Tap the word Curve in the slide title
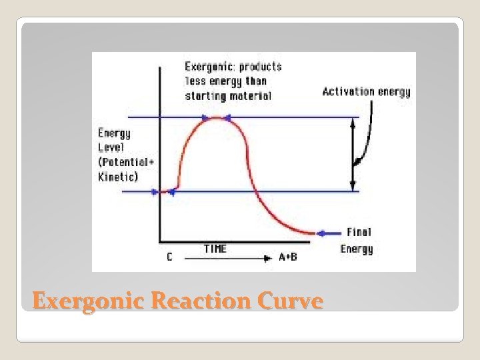point(291,302)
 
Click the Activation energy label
point(366,92)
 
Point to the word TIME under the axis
point(215,249)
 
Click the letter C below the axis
point(169,257)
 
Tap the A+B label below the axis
point(288,257)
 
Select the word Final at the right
point(359,233)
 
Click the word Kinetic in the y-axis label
point(116,177)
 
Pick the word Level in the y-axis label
point(111,147)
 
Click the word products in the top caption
point(260,67)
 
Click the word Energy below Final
point(357,249)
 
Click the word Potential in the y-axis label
point(119,162)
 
